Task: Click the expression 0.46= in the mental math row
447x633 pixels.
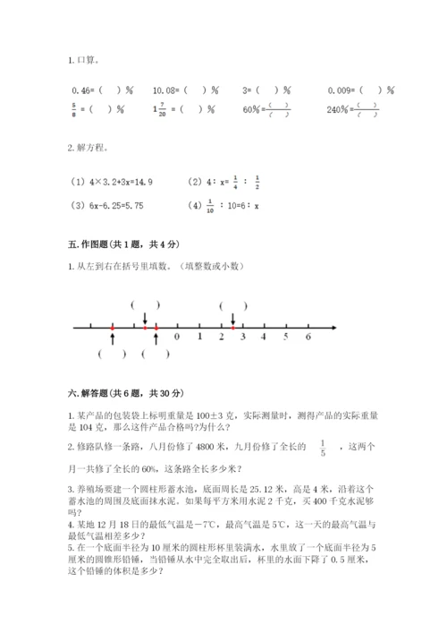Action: coord(82,90)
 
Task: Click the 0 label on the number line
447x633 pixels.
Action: coord(177,337)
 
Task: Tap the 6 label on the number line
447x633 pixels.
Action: coord(308,337)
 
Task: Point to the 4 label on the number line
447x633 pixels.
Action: coord(264,337)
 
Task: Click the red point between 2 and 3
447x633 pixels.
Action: coord(232,328)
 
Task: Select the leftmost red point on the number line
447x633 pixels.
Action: coord(113,328)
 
